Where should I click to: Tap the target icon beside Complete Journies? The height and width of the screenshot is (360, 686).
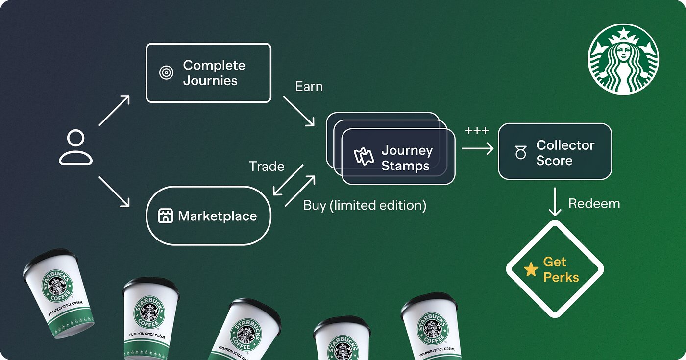(x=166, y=72)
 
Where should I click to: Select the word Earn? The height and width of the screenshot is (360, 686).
(x=309, y=86)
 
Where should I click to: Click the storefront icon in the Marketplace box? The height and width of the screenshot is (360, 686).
(x=166, y=216)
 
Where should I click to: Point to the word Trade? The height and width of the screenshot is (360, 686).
(x=267, y=167)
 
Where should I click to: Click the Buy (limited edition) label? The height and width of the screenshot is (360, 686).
(x=365, y=205)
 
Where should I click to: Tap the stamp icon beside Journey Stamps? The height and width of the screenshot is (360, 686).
(x=364, y=156)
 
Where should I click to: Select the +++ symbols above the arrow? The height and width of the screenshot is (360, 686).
(x=477, y=131)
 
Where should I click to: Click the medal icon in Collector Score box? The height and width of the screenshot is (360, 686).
(x=520, y=152)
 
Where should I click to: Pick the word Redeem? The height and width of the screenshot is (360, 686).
(x=594, y=204)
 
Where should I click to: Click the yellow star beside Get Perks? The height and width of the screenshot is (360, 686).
(x=531, y=269)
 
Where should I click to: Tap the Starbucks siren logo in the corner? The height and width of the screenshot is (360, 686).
(x=623, y=59)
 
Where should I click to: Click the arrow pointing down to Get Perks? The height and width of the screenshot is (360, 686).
(x=555, y=202)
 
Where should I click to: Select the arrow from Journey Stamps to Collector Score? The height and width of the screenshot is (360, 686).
(x=478, y=149)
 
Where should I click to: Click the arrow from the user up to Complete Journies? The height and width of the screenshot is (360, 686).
(x=114, y=111)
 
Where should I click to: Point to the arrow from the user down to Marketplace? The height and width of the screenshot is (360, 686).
(x=114, y=192)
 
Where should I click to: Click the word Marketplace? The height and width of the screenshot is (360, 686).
(x=218, y=216)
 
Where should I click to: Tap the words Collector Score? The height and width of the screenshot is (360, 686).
(x=565, y=153)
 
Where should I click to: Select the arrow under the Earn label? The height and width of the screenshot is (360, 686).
(x=298, y=111)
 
